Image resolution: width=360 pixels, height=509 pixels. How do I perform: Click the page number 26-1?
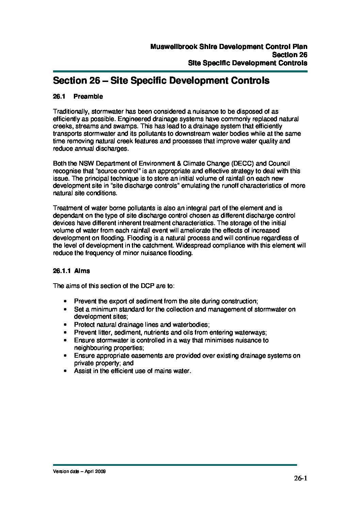coord(300,479)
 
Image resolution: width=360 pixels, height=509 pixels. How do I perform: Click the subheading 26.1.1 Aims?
coord(71,271)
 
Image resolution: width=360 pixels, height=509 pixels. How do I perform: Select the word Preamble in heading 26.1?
coord(88,97)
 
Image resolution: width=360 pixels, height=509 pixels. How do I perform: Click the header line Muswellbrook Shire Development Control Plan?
coord(229,47)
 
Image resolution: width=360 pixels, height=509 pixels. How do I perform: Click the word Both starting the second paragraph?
coord(60,164)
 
